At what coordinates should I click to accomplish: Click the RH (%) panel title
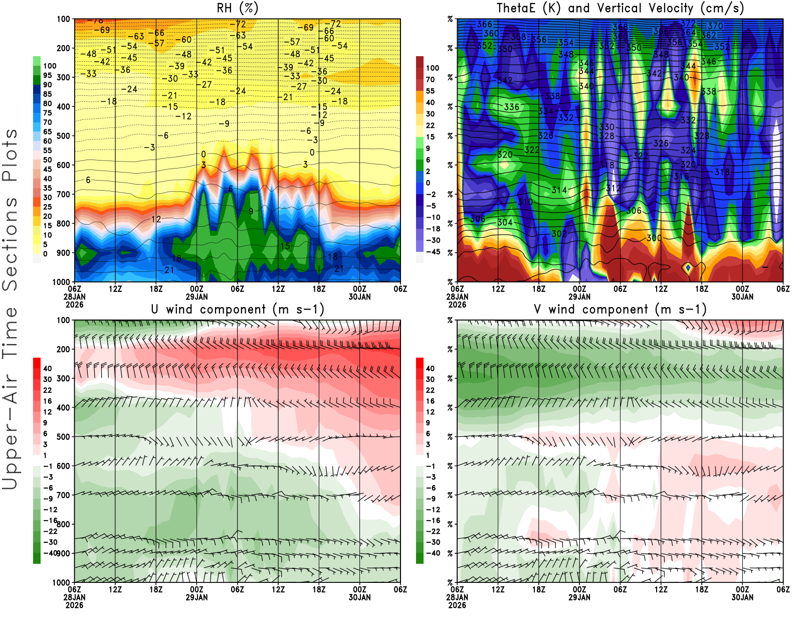[x=237, y=9]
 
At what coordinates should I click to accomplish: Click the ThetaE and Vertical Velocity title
[x=620, y=9]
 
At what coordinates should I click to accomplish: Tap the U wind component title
[x=238, y=309]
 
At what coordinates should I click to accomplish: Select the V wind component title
[x=620, y=309]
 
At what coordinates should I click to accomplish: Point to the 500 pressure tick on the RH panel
[x=63, y=136]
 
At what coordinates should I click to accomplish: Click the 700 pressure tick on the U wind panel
[x=63, y=495]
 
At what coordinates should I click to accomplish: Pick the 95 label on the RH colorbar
[x=48, y=75]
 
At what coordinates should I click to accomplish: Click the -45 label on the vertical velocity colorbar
[x=433, y=252]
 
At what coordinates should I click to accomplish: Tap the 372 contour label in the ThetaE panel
[x=688, y=24]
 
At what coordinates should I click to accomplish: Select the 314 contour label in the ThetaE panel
[x=559, y=190]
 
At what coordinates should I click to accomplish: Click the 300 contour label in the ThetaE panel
[x=654, y=238]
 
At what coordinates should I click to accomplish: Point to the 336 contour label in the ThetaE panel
[x=511, y=107]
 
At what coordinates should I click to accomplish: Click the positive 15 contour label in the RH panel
[x=285, y=246]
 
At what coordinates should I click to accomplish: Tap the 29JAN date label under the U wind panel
[x=196, y=597]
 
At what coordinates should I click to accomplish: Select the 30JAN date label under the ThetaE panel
[x=742, y=296]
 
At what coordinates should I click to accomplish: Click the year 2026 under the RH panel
[x=74, y=304]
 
